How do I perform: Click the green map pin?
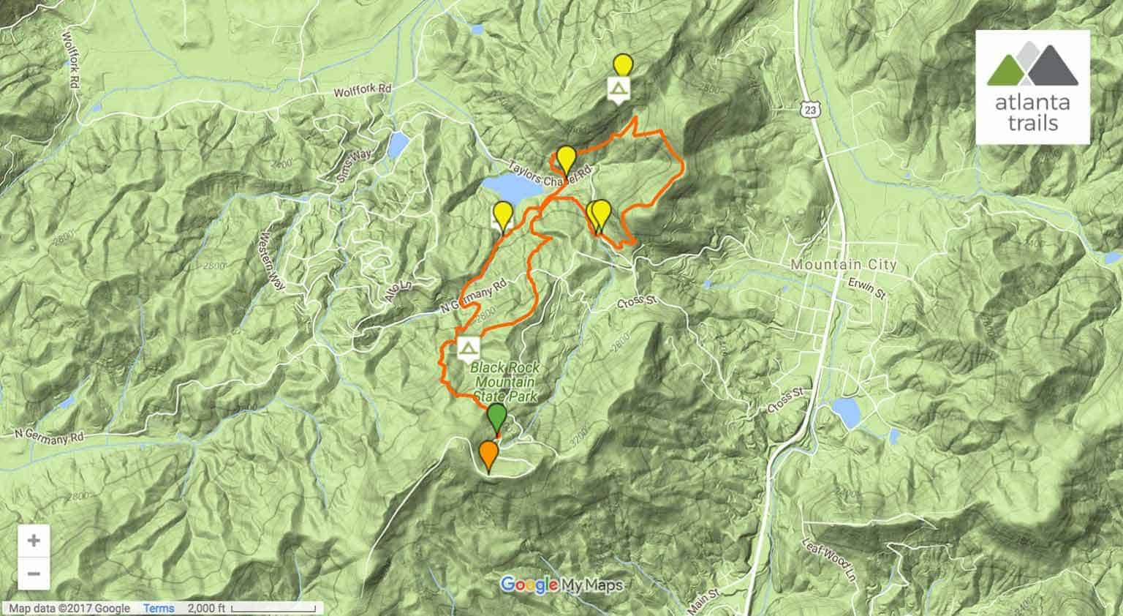click(496, 418)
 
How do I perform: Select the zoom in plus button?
click(34, 541)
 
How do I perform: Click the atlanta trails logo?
click(1032, 87)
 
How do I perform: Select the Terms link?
click(159, 609)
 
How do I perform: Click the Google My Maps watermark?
click(561, 585)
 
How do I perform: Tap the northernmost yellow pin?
click(622, 66)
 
